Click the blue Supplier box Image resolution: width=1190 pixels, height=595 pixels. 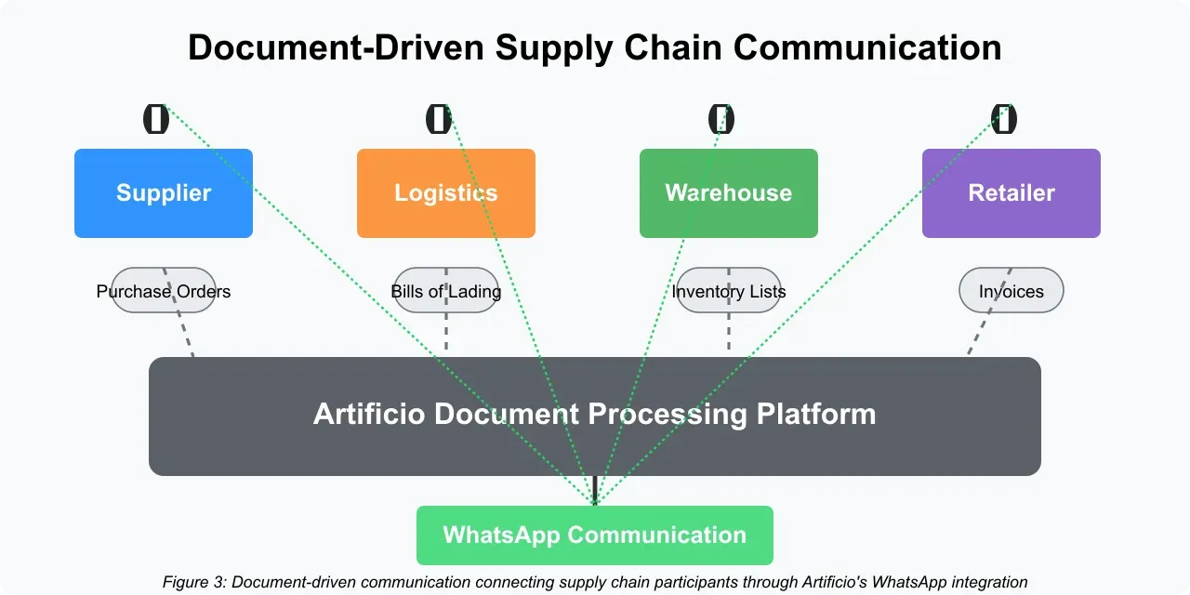coord(164,193)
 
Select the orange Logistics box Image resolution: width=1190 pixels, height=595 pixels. coord(446,193)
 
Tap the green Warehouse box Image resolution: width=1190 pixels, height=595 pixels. coord(729,193)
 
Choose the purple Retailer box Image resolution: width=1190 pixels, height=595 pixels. coord(1011,193)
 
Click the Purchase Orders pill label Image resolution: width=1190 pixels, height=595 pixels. coord(164,291)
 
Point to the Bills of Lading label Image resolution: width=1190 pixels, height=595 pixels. coord(446,291)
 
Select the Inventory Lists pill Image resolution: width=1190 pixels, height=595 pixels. coord(729,291)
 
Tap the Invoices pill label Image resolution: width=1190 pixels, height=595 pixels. coord(1011,291)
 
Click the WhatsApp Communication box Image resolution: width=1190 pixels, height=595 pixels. coord(595,535)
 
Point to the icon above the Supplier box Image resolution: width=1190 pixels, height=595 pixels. coord(156,119)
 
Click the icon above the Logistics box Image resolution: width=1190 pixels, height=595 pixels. coord(439,119)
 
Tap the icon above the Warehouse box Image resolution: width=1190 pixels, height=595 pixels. coord(721,119)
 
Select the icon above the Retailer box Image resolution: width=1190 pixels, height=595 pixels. coord(1004,119)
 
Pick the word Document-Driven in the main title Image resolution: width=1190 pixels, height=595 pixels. coord(335,47)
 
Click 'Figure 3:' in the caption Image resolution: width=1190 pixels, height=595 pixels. coord(194,583)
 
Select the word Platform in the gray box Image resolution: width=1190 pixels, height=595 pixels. coord(815,414)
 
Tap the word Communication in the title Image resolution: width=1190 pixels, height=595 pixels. coord(869,47)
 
